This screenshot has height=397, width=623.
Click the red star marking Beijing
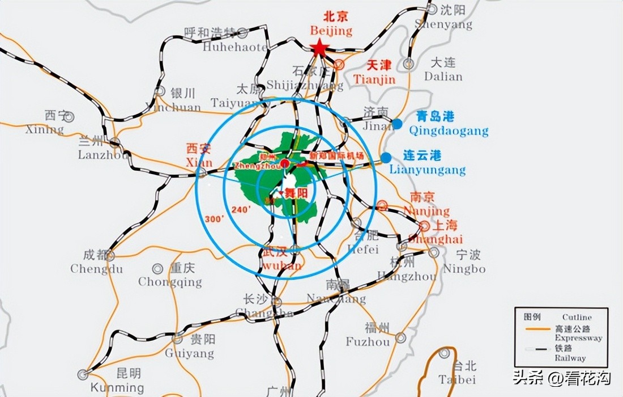pos(319,48)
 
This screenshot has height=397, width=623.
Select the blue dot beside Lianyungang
pos(386,157)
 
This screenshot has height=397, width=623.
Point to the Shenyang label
pos(443,24)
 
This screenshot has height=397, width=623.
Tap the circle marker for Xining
pos(69,117)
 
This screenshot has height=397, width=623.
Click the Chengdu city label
pos(96,269)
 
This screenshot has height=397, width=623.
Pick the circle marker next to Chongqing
pos(158,268)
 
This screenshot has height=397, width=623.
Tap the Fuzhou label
pos(368,342)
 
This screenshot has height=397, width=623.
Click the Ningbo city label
pos(464,268)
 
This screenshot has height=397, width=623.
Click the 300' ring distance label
pos(215,218)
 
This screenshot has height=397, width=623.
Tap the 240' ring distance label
pos(241,209)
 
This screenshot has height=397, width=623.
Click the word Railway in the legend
pos(571,358)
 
